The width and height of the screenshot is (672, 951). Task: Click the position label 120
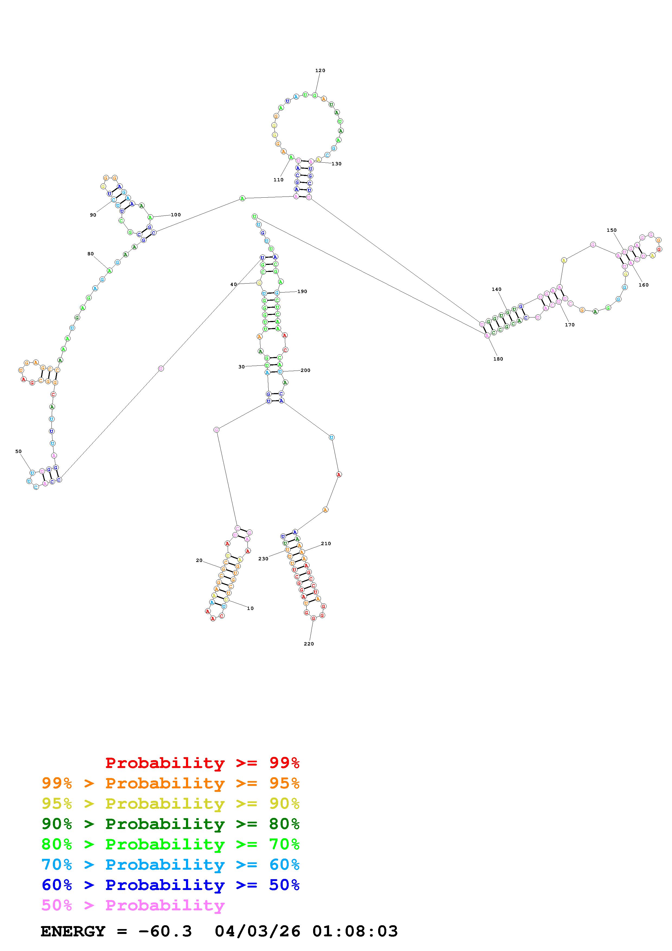coord(320,70)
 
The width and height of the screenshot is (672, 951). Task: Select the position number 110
coord(278,180)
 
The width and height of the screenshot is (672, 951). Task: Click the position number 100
coord(176,214)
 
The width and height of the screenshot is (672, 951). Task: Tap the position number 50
coord(18,451)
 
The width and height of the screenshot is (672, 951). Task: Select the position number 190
coord(302,292)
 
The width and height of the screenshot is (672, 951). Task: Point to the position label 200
coord(305,370)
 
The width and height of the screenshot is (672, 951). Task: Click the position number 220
coord(309,644)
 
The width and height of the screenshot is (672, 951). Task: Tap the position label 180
coord(498,359)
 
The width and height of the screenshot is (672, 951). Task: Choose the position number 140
coord(496,289)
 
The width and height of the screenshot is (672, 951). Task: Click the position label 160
coord(644,285)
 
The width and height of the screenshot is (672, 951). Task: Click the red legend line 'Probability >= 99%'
coord(202,763)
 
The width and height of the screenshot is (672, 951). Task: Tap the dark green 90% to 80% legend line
coord(171,824)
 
